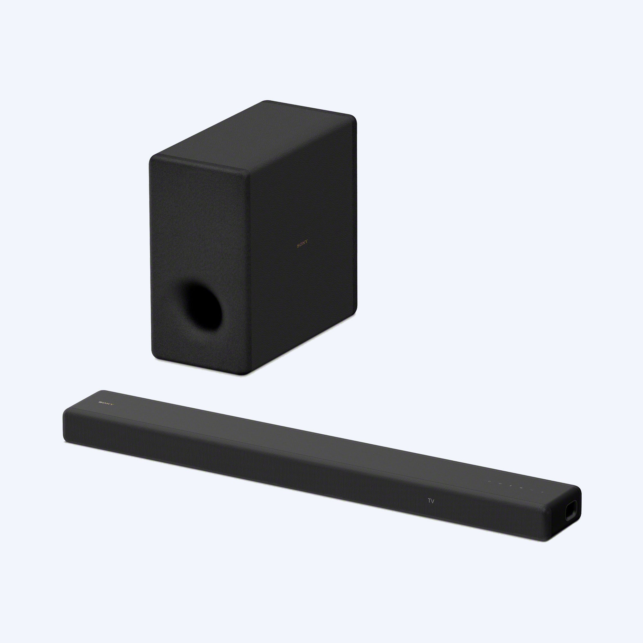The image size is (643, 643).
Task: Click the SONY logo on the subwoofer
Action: pos(302,246)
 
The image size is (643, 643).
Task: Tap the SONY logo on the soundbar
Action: pos(106,403)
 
